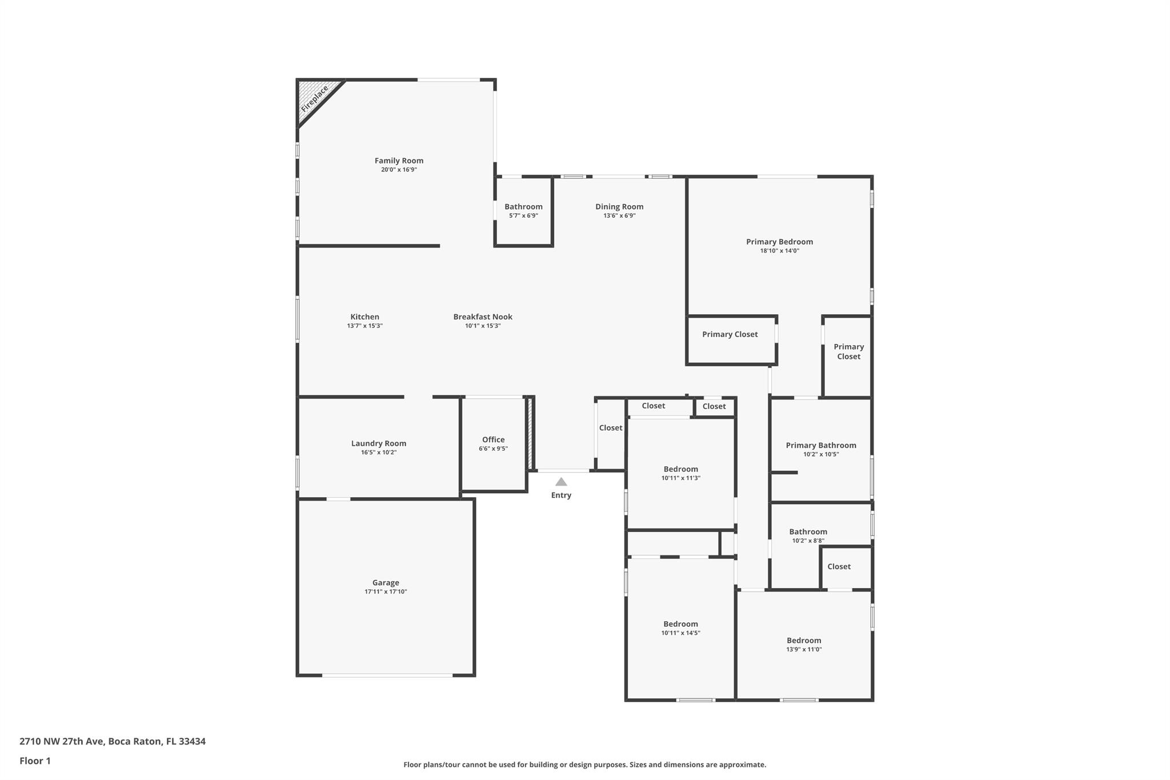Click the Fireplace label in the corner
315,98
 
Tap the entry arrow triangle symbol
561,482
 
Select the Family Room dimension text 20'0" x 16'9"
399,170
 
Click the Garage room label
386,583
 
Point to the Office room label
493,439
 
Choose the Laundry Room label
378,443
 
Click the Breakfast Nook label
483,317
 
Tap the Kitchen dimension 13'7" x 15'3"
364,326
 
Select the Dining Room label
619,207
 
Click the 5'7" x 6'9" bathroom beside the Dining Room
523,211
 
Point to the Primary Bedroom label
779,242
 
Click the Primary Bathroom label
820,446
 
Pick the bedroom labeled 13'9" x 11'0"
804,645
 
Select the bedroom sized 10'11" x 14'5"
680,628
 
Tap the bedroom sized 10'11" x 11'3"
680,473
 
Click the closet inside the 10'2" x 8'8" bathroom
839,567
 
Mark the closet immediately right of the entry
610,428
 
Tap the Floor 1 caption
35,761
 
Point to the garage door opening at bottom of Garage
387,675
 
